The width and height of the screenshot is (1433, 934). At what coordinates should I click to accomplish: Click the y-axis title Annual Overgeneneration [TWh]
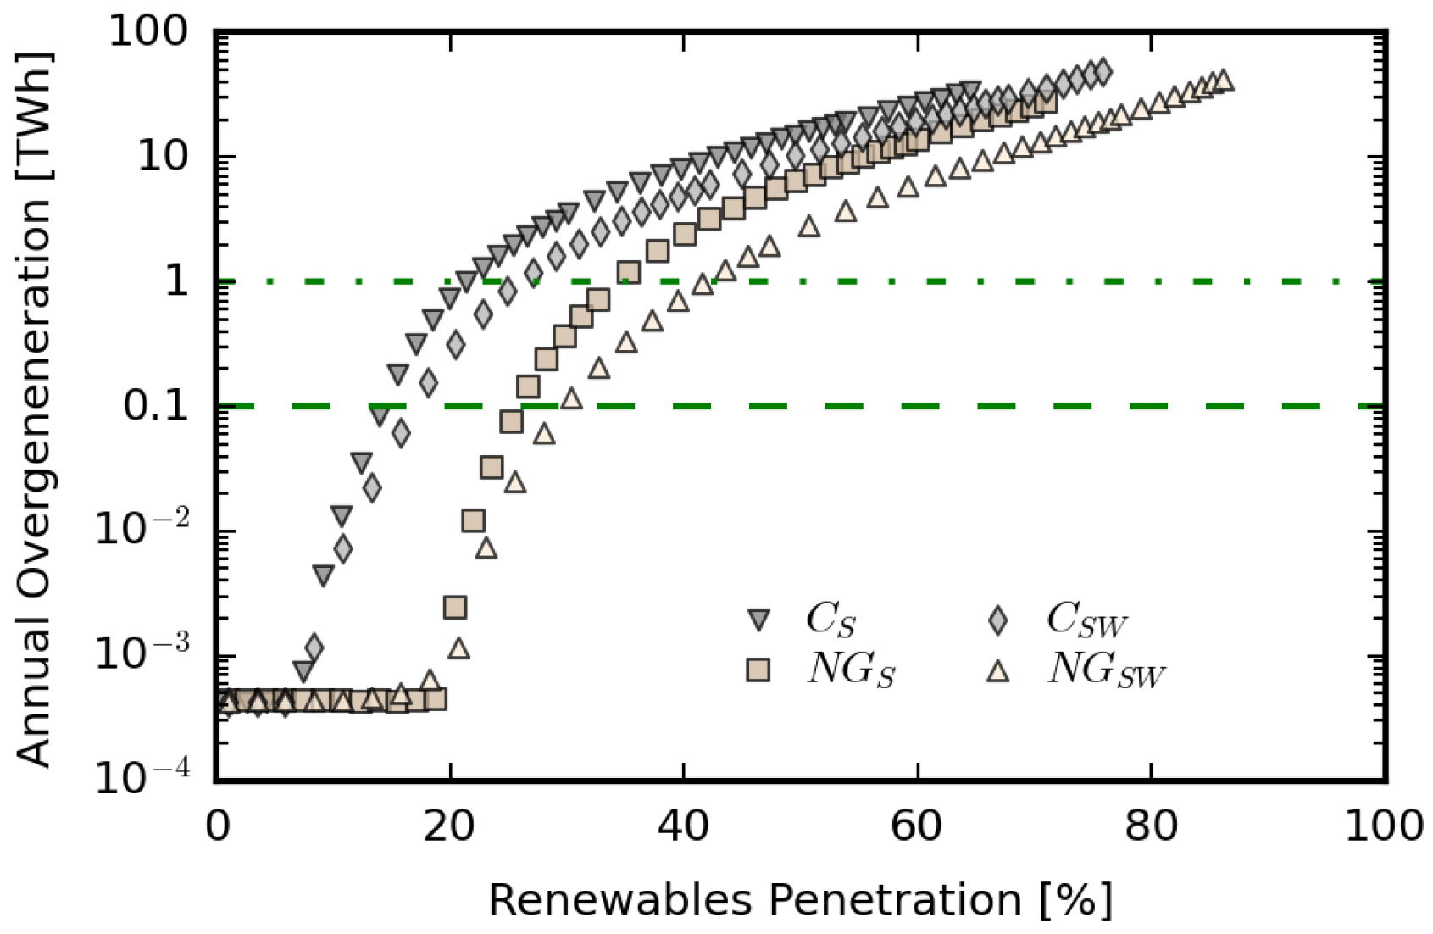pos(34,409)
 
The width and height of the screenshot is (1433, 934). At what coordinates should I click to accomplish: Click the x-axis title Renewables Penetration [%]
pos(800,900)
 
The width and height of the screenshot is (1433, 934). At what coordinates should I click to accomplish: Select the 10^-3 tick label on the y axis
pos(142,653)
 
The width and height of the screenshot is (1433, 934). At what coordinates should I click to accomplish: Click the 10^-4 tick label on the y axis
pos(142,776)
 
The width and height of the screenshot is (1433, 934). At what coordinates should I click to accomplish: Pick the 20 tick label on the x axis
pos(449,825)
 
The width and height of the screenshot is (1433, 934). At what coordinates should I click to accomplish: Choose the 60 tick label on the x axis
pos(916,825)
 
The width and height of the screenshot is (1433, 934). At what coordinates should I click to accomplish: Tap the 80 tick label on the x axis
pos(1150,825)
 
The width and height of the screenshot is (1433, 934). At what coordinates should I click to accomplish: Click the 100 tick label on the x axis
pos(1384,825)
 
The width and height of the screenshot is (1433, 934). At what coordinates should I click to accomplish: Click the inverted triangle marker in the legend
pos(758,620)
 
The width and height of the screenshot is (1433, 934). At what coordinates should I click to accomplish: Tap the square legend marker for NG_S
pos(758,670)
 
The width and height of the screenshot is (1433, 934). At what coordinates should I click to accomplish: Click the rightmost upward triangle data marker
pos(1223,81)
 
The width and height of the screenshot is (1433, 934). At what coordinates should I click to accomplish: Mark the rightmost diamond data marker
pos(1102,72)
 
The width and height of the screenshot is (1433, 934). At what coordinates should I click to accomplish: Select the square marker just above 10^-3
pos(455,607)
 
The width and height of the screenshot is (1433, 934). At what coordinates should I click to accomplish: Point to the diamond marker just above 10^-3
pos(314,648)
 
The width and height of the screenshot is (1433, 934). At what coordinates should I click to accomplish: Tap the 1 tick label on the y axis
pos(176,281)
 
